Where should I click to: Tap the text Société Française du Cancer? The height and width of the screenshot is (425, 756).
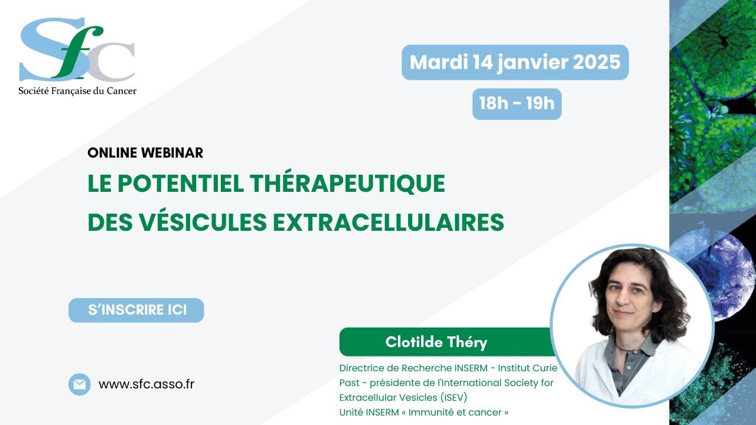(77, 90)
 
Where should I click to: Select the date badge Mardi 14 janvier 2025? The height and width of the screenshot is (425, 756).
(515, 62)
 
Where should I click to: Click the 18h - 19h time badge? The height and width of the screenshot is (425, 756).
(517, 104)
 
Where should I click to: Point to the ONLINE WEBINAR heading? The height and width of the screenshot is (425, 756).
(145, 152)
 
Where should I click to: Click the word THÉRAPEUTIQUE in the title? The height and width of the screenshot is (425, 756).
(347, 184)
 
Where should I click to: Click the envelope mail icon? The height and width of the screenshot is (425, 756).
(79, 384)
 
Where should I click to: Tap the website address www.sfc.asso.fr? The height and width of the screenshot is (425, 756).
(146, 384)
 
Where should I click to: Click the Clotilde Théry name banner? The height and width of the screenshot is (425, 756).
(436, 342)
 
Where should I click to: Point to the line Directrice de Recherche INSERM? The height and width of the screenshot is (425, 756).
(413, 368)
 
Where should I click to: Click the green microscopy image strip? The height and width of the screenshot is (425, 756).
(712, 100)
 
